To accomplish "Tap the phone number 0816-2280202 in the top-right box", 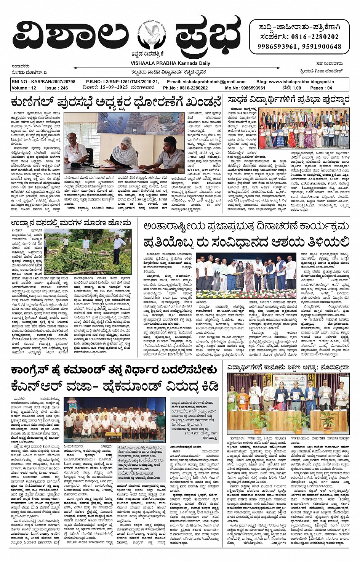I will tap(315, 37).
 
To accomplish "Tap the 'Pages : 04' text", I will tap(321, 88).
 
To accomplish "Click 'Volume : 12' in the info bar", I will tap(24, 88).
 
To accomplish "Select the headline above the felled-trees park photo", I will tap(71, 222).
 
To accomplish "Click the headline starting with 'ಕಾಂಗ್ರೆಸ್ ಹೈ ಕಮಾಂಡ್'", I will tap(114, 370).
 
